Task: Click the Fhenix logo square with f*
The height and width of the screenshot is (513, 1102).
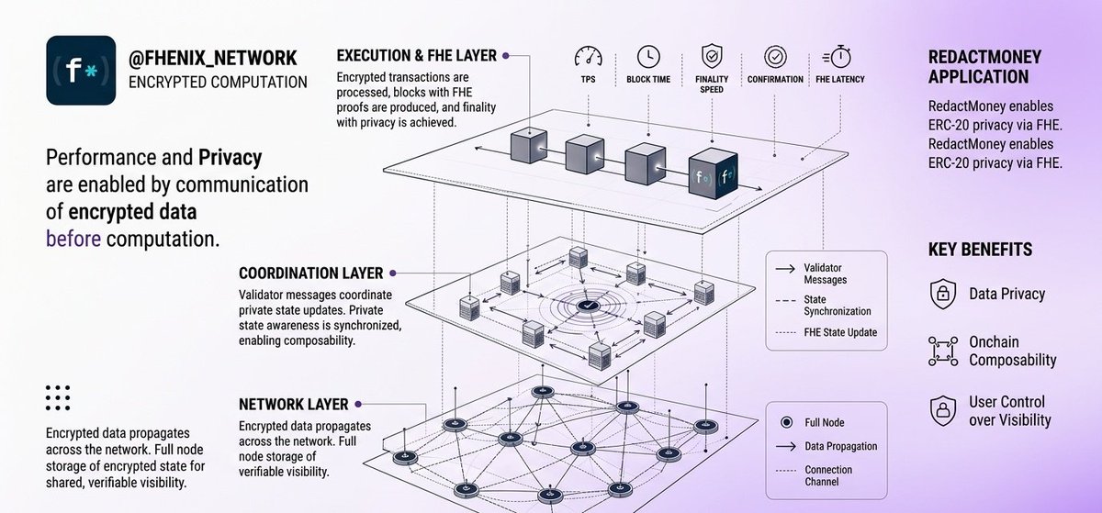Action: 81,70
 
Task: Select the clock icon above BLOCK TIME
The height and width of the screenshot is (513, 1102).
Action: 648,57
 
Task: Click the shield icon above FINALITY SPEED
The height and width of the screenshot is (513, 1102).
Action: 712,56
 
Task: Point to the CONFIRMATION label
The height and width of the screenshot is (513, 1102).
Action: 775,79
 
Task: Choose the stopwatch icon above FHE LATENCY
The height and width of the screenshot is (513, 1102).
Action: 837,57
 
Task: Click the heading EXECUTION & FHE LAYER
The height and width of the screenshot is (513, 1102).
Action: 416,56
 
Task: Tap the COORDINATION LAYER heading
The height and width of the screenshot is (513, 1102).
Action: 311,273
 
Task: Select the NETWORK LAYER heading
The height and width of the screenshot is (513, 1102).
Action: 294,405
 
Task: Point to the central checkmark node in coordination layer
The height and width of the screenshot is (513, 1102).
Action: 588,306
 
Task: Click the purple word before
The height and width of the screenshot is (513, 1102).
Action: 73,239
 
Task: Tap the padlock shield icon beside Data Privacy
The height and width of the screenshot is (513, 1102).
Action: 942,294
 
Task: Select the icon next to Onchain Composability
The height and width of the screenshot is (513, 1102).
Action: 943,351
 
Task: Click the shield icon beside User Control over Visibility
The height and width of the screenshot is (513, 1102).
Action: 942,410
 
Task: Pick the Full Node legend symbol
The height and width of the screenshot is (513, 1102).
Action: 787,422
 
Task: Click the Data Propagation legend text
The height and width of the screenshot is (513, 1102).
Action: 841,446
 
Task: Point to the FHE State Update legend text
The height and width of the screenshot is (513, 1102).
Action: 840,332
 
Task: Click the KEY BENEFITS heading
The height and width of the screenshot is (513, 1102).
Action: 980,250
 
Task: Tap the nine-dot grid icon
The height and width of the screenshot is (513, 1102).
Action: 58,397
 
